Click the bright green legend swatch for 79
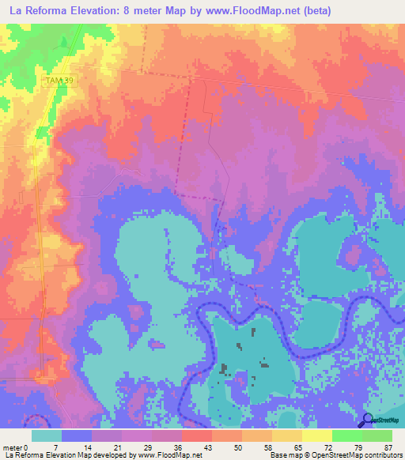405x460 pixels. pos(346,435)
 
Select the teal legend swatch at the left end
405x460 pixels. pos(47,435)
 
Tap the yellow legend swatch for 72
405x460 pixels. pos(316,435)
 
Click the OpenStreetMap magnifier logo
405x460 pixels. pos(368,420)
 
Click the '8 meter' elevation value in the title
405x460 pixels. pos(135,10)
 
